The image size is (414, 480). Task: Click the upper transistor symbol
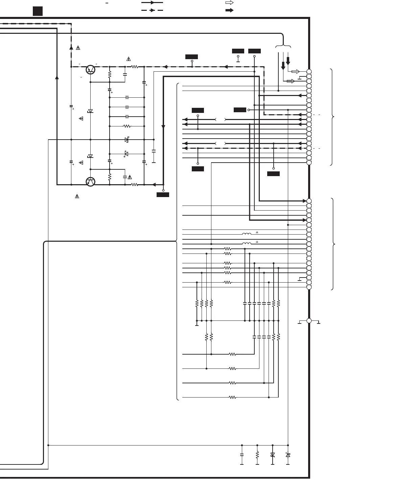point(90,69)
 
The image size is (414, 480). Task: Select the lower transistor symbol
point(90,182)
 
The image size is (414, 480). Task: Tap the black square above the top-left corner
point(38,11)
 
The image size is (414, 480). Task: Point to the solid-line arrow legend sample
point(152,3)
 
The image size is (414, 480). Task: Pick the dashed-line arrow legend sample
point(152,10)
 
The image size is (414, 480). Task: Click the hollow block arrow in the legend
point(229,3)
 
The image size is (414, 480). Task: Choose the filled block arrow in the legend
point(229,10)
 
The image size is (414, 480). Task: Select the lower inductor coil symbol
point(247,243)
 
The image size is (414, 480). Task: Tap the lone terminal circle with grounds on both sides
point(309,320)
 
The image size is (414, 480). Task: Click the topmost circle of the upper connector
point(309,72)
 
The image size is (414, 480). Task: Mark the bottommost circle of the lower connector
point(309,287)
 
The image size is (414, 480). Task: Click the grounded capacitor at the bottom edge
point(241,455)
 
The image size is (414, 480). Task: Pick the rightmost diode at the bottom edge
point(288,455)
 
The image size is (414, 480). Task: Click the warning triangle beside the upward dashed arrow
point(78,48)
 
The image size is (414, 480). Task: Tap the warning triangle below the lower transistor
point(77,196)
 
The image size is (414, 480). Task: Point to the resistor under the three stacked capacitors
point(127,126)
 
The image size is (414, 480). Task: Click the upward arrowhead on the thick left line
point(57,77)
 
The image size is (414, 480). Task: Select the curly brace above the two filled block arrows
point(283,46)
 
